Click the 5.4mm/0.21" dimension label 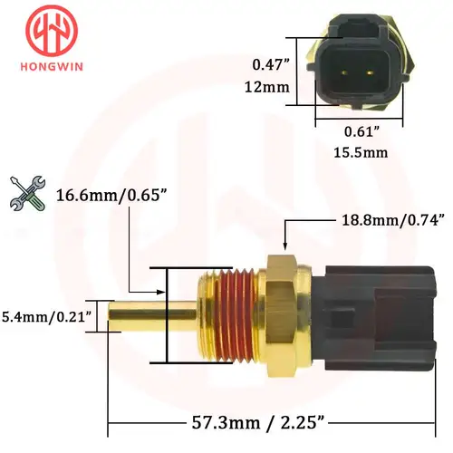pyautogui.click(x=46, y=318)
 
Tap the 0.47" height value pyautogui.click(x=271, y=64)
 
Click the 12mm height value pyautogui.click(x=271, y=87)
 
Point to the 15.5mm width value pyautogui.click(x=359, y=152)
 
